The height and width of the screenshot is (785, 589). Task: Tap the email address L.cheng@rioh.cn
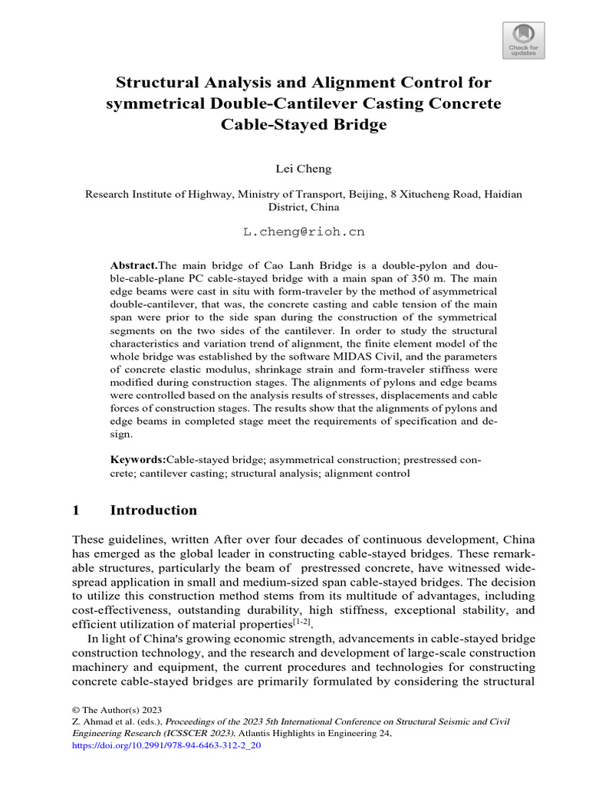tap(294, 231)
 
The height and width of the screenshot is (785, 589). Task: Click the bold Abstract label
tap(133, 264)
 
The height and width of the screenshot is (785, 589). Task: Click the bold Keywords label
tap(138, 460)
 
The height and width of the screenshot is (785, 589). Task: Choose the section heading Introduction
tap(153, 511)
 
